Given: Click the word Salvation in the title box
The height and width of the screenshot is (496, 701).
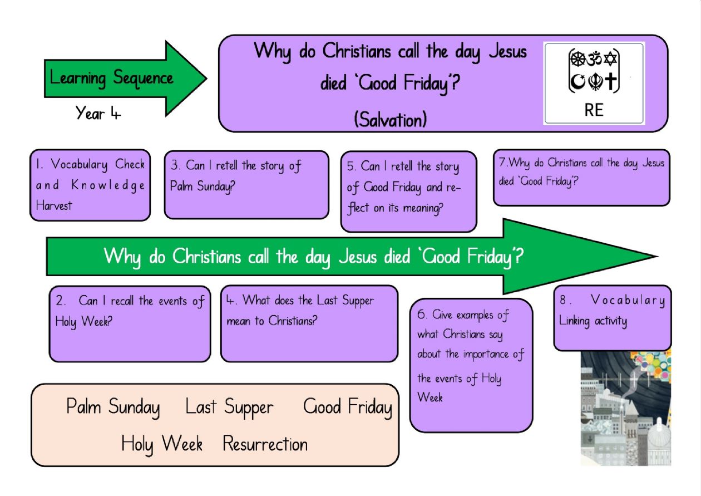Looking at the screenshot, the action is tap(390, 120).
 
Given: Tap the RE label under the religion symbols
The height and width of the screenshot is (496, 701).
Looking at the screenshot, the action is tap(594, 110).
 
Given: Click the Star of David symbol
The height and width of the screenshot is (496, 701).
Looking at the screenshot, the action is tap(610, 58).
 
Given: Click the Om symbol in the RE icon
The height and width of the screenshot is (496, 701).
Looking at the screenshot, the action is tap(594, 58).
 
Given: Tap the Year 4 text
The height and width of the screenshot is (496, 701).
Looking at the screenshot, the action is tap(98, 113).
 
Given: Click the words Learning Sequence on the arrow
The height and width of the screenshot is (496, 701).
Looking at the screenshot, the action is tap(111, 78).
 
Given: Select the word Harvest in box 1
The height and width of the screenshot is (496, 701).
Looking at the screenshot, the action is tap(54, 206).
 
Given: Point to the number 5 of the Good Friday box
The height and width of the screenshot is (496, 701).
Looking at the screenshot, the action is tap(350, 166).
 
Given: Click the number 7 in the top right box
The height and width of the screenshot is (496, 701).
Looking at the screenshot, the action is tap(502, 162).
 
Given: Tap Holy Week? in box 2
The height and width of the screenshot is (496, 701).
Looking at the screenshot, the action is tap(83, 322).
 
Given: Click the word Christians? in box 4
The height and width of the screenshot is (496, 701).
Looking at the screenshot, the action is tap(293, 320).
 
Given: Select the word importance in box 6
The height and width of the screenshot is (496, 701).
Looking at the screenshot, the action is tap(486, 355).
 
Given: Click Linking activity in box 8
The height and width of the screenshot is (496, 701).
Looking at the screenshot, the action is tap(593, 321).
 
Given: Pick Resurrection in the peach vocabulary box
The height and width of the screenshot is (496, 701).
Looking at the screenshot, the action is tap(265, 444).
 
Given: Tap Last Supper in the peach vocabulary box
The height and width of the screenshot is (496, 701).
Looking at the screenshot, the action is tap(229, 407).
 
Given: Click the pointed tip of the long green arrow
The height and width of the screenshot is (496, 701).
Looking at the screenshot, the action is tap(658, 257).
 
